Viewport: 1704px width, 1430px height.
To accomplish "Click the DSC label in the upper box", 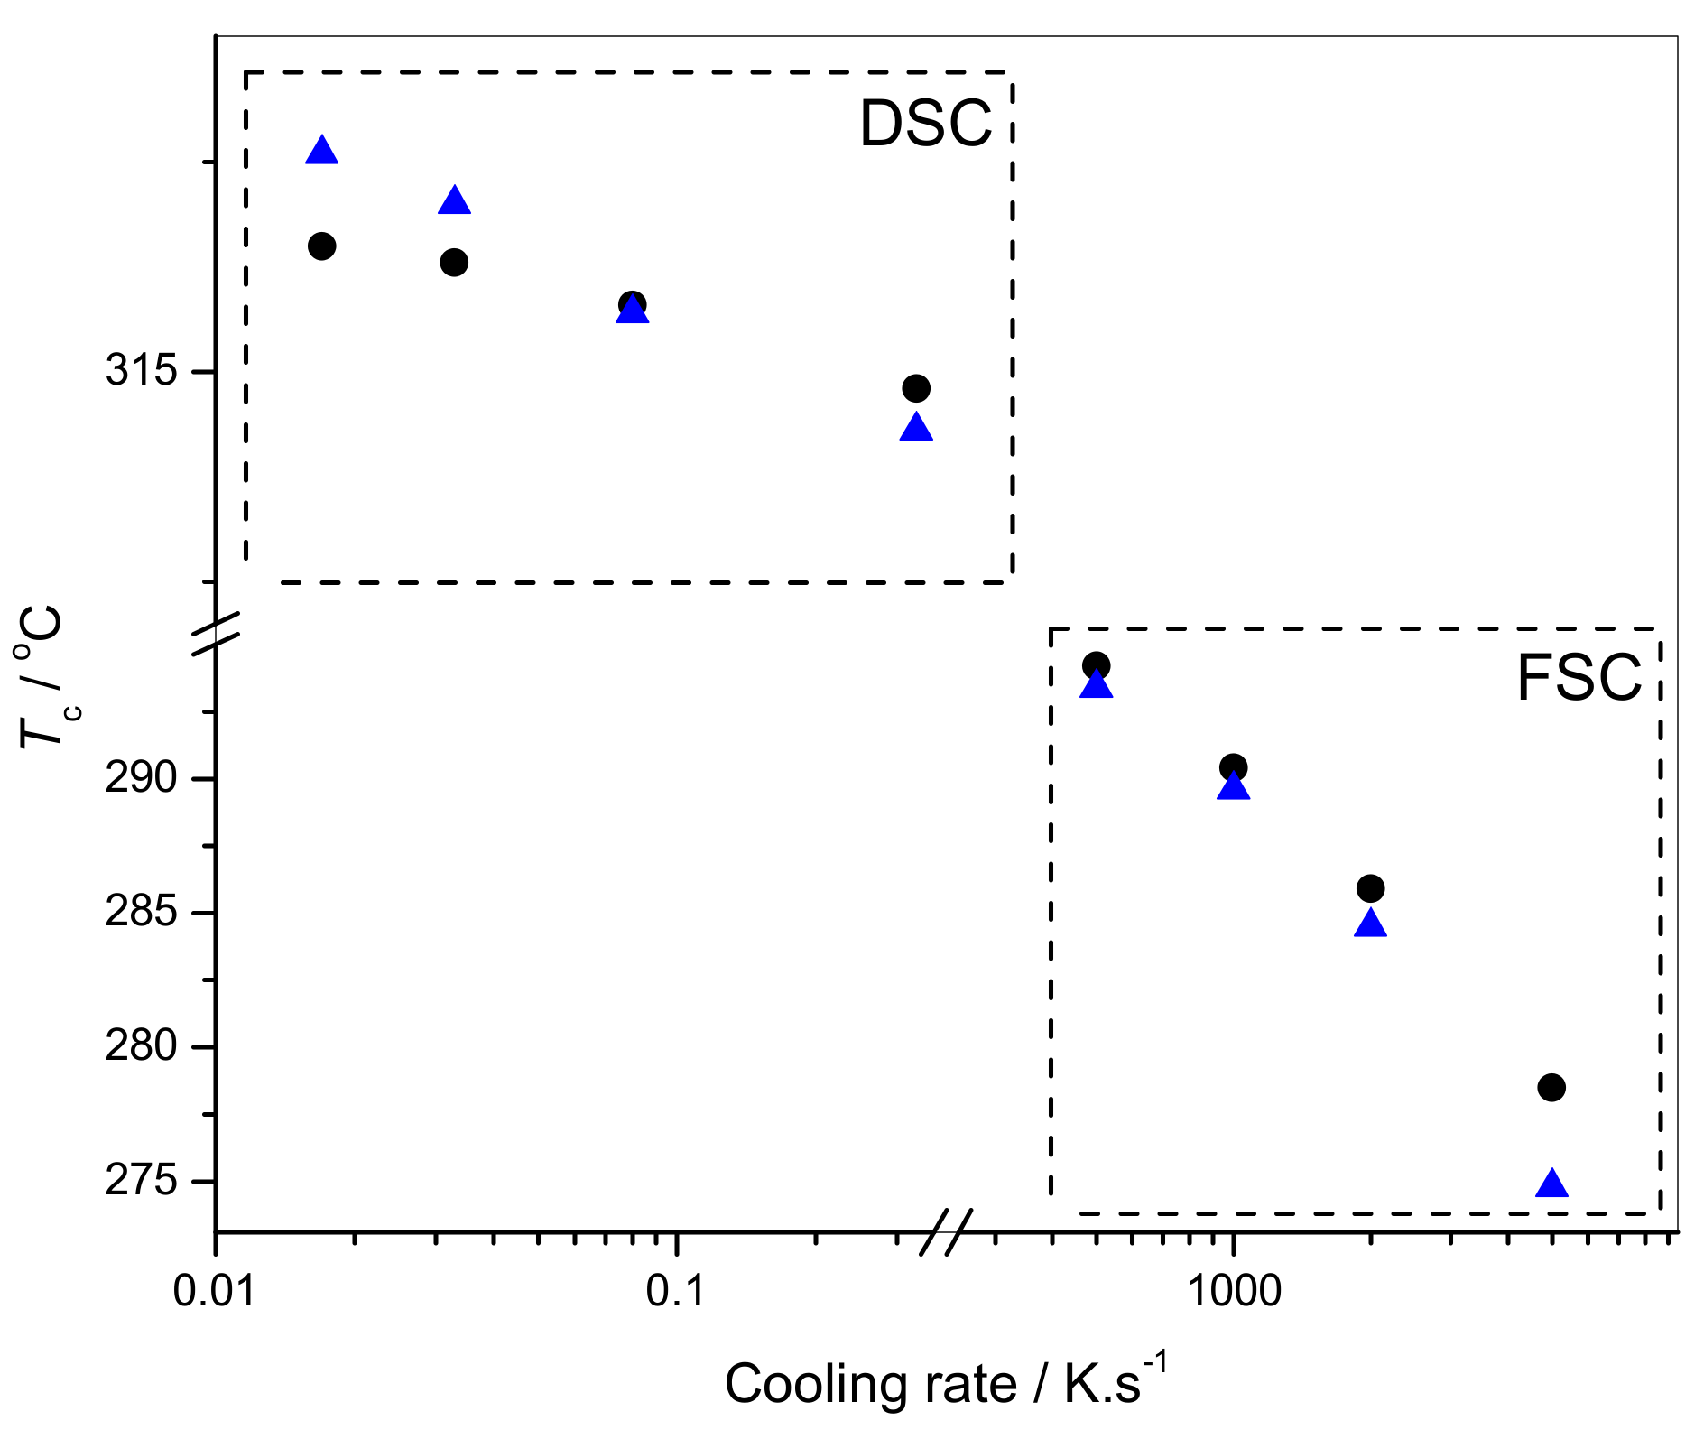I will point(925,124).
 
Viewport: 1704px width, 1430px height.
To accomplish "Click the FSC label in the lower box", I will point(1579,678).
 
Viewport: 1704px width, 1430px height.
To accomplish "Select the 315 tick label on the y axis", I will point(141,371).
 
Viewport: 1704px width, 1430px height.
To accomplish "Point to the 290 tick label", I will point(141,778).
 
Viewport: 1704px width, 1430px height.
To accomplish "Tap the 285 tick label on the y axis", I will point(141,913).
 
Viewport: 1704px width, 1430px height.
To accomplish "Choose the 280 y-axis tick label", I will point(141,1046).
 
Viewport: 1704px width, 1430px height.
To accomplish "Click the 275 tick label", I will point(141,1181).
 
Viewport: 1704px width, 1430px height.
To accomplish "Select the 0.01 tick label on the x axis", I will point(215,1292).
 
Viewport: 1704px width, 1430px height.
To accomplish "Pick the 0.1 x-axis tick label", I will point(675,1292).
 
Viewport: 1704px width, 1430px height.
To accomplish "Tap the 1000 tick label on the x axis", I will point(1233,1292).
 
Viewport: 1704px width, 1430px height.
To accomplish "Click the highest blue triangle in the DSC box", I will point(322,151).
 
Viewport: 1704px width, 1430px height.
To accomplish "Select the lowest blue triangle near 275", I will point(1551,1184).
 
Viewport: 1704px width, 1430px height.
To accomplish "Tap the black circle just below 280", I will point(1551,1088).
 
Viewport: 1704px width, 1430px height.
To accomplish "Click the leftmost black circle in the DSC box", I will point(322,246).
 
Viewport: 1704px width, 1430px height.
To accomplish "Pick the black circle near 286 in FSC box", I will point(1370,888).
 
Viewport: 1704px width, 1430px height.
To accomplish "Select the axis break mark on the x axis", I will point(946,1232).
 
